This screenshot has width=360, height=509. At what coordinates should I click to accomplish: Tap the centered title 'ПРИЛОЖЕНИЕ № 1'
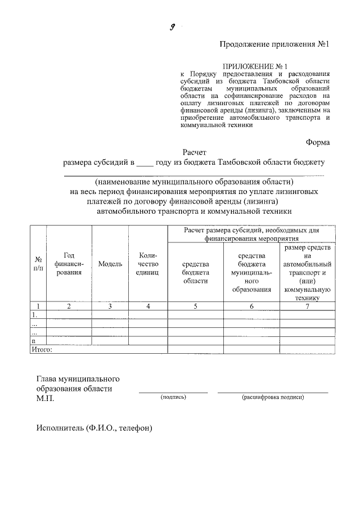255,66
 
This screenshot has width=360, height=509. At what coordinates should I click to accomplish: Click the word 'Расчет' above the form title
195,152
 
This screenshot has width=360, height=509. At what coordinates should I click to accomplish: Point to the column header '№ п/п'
38,264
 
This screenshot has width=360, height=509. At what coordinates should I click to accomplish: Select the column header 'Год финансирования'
69,264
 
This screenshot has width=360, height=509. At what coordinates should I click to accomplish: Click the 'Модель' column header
110,264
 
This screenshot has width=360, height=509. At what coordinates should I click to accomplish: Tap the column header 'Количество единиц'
147,264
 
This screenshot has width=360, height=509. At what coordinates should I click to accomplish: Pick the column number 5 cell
196,306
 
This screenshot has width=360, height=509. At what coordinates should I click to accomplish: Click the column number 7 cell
307,306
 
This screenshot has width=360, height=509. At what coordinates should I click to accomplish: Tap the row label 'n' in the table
34,340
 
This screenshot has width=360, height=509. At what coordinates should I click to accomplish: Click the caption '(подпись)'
173,397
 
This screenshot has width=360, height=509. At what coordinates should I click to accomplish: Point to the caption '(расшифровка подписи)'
273,397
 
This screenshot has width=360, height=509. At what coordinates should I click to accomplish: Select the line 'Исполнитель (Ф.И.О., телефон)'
94,427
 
